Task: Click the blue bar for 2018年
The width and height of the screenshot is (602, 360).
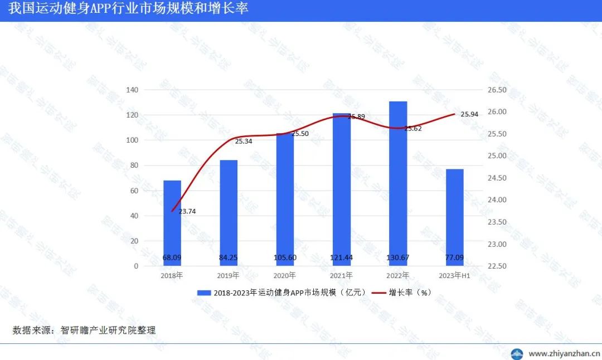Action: coord(172,223)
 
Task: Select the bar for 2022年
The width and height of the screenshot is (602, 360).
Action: coord(398,184)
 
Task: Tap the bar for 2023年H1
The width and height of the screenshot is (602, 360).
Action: coord(455,217)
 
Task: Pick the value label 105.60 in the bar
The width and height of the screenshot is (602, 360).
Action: coord(285,258)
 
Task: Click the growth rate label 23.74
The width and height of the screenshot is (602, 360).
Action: coord(187,211)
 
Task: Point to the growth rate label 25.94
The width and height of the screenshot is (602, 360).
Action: coord(469,114)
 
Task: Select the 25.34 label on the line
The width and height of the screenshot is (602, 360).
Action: coord(244,142)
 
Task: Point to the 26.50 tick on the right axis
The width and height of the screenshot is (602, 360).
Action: coord(496,90)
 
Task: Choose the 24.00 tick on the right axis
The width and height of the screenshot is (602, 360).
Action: coord(496,200)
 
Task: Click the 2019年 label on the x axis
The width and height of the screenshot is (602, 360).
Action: coord(229,275)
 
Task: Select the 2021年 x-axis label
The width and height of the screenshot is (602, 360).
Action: coord(341,275)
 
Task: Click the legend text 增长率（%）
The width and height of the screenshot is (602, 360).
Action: coord(410,293)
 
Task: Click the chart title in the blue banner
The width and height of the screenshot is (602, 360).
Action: coord(128,9)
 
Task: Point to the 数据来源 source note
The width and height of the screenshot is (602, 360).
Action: coord(84,330)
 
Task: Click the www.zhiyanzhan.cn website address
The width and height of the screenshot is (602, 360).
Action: coord(564,353)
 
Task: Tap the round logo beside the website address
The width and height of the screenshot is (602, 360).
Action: coord(518,353)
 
